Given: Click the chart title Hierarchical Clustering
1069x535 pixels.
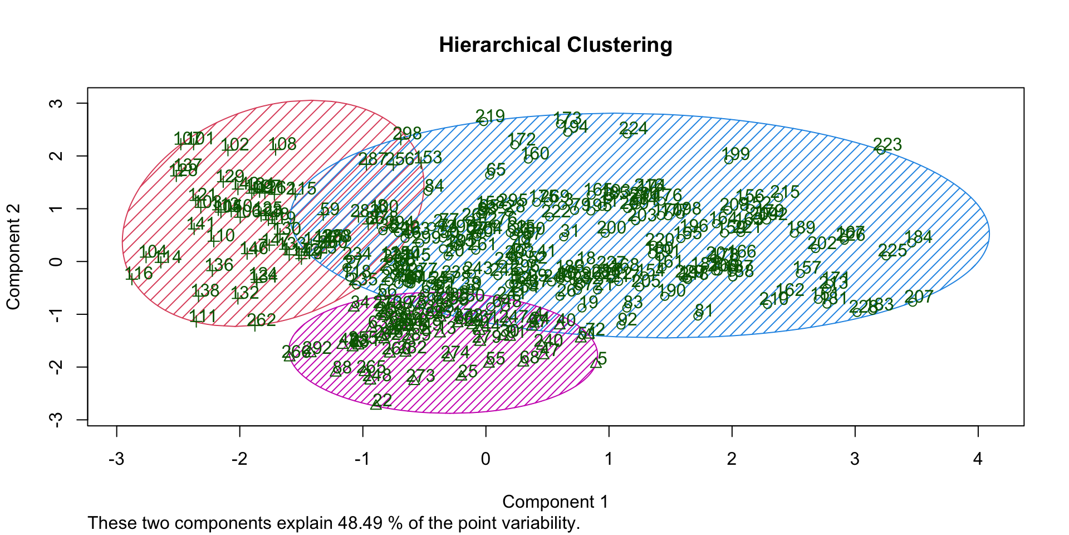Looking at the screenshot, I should (x=555, y=45).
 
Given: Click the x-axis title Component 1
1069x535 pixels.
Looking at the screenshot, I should (x=555, y=502).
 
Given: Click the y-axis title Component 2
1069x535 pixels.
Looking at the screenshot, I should (x=13, y=257).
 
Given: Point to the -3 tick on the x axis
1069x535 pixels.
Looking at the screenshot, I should (x=116, y=459).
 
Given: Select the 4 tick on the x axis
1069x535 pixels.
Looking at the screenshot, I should (x=978, y=459).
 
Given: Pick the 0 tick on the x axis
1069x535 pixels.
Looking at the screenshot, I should (x=486, y=459).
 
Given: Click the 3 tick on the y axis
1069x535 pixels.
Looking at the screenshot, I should (x=56, y=103).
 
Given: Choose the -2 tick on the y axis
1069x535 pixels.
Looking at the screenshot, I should (x=56, y=367).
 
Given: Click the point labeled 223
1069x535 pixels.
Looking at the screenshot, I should (x=881, y=149).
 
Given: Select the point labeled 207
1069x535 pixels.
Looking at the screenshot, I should (x=912, y=301).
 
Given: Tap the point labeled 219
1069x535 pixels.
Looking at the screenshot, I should (x=483, y=121).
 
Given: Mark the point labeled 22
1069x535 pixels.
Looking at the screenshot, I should (x=376, y=405).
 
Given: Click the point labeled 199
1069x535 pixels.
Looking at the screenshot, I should (x=729, y=159).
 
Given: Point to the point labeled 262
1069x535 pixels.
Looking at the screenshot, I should (x=254, y=324).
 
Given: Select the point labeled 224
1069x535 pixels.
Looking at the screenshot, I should (x=627, y=133).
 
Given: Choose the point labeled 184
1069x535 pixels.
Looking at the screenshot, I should (x=911, y=242).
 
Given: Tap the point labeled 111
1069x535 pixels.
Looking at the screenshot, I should (x=196, y=320).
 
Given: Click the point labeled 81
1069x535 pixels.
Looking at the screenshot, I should (x=698, y=315).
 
